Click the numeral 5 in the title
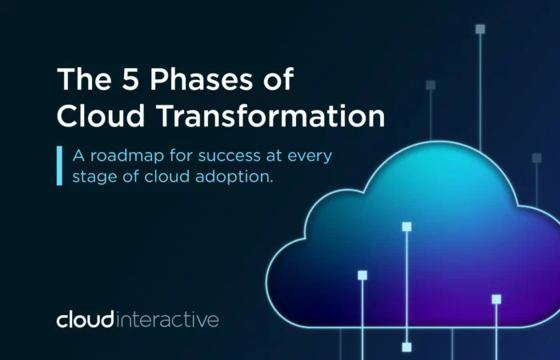point(130,78)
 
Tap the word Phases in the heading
point(201,78)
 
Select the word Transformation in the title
point(271,116)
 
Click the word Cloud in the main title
point(101,116)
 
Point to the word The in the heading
point(84,78)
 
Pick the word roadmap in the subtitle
point(127,156)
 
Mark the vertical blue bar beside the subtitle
point(59,166)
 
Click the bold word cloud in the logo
point(85,319)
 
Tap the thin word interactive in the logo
point(167,320)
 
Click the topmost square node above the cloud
point(480,29)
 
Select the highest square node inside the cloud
point(406,226)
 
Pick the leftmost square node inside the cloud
point(362,275)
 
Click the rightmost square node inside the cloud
point(497,299)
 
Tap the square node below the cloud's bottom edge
point(406,347)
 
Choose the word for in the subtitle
point(181,156)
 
